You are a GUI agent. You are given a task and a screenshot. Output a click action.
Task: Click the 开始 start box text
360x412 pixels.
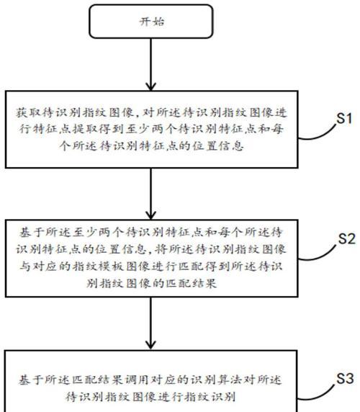(152, 22)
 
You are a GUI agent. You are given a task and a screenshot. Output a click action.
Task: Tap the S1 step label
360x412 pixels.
(344, 118)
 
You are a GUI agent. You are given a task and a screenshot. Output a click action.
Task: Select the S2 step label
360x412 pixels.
(346, 238)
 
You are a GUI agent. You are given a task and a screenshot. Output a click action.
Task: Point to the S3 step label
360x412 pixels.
(345, 378)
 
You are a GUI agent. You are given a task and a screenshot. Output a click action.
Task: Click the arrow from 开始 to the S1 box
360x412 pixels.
(150, 64)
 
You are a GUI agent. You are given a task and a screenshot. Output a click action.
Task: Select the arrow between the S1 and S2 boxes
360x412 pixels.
(150, 194)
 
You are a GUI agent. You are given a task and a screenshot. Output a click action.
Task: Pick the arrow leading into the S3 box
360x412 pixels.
(150, 323)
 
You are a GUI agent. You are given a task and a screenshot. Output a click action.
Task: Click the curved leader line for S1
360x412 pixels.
(318, 135)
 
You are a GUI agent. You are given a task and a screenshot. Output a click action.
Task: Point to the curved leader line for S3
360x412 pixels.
(318, 395)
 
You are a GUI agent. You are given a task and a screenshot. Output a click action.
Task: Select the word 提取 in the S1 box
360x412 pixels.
(84, 129)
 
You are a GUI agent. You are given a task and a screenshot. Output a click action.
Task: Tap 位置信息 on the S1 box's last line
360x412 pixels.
(217, 145)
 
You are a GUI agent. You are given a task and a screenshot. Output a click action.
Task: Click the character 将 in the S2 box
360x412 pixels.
(161, 249)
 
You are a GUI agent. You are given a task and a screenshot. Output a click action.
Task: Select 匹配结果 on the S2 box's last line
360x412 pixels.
(191, 283)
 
